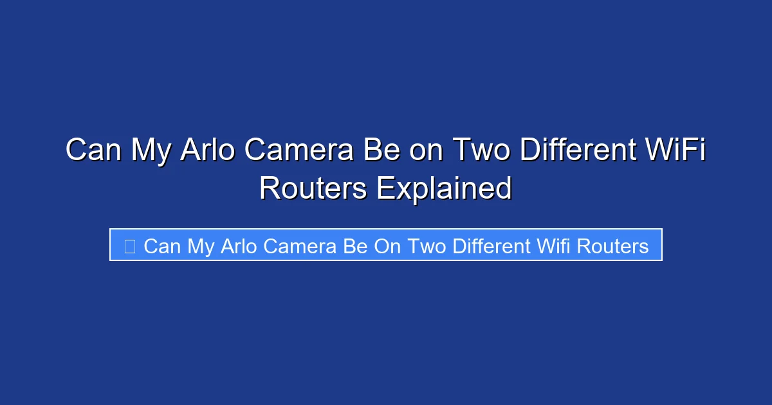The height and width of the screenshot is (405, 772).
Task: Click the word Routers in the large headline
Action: tap(313, 188)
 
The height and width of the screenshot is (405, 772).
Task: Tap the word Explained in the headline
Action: tap(444, 188)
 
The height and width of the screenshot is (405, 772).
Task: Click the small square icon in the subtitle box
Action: tap(129, 246)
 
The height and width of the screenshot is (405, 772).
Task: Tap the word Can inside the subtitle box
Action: tap(162, 246)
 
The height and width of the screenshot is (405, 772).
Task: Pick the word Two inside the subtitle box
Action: tap(428, 246)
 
